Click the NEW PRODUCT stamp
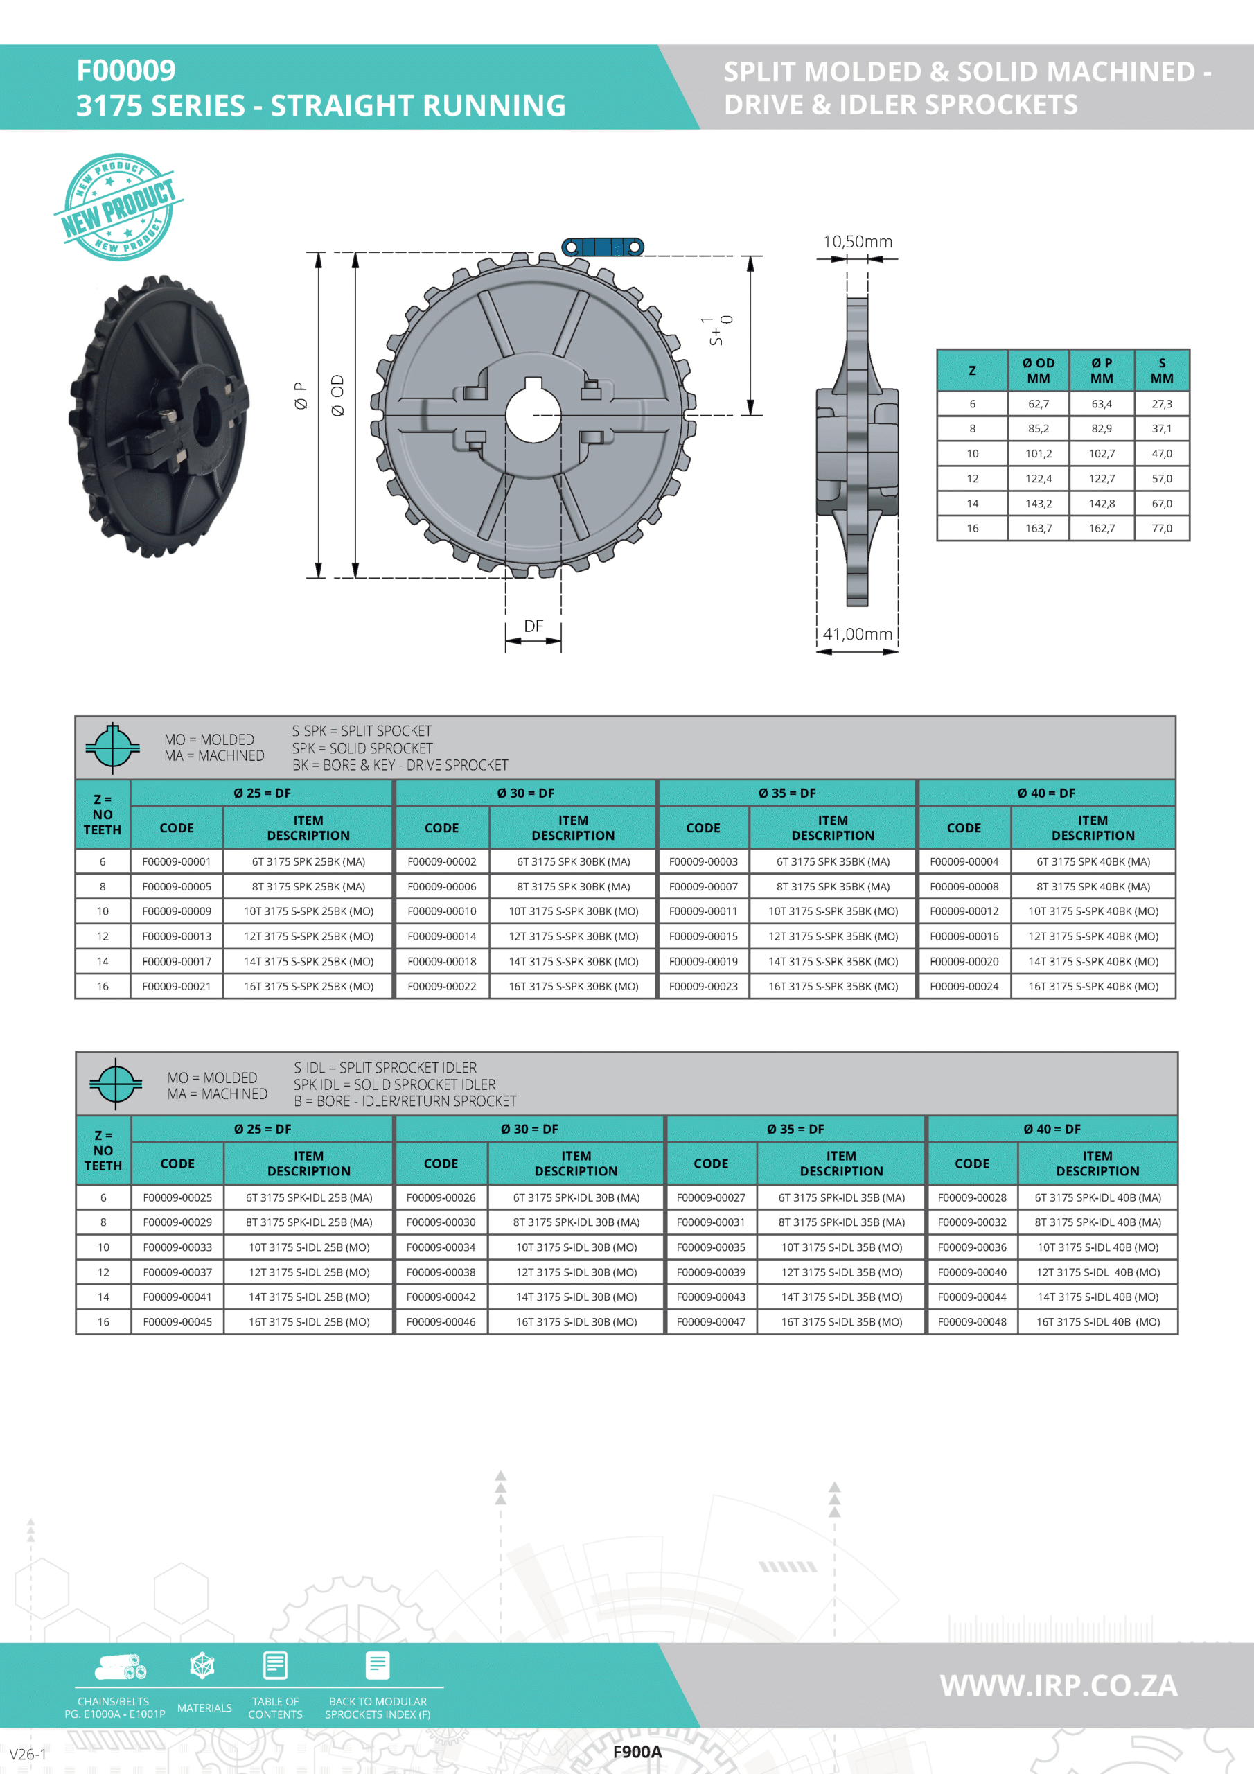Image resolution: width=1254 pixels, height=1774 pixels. click(118, 207)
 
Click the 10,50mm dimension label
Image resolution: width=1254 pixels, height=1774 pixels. click(858, 242)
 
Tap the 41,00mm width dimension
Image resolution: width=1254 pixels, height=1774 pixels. click(858, 634)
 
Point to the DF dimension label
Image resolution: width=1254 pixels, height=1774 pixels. click(533, 626)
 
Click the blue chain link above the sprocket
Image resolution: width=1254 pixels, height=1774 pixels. click(603, 247)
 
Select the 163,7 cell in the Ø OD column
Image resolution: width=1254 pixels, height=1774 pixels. click(1039, 529)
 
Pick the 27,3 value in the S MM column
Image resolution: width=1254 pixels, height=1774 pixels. click(1162, 404)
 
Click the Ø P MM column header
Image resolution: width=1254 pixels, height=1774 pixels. click(1102, 370)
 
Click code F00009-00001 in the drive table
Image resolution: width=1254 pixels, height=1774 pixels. click(176, 861)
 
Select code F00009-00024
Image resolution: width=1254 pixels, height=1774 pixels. click(964, 987)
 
